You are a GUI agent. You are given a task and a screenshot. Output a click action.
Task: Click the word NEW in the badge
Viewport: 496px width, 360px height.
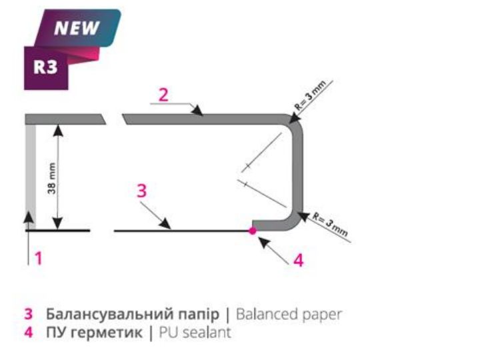click(x=76, y=29)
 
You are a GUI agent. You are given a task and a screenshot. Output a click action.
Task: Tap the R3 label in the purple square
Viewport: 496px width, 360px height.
click(x=45, y=67)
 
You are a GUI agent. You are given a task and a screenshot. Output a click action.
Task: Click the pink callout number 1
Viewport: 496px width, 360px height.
click(x=39, y=257)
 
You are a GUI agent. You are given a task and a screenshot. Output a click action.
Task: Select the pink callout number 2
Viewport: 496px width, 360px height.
click(x=163, y=94)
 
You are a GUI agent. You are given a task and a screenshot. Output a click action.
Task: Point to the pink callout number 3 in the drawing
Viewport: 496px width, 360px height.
click(x=141, y=191)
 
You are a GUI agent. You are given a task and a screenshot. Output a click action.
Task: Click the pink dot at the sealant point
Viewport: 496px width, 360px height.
click(x=252, y=231)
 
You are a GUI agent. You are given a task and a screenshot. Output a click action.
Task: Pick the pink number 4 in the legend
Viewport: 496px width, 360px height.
click(x=28, y=332)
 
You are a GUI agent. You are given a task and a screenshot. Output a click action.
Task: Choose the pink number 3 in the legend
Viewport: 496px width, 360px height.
click(x=28, y=313)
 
